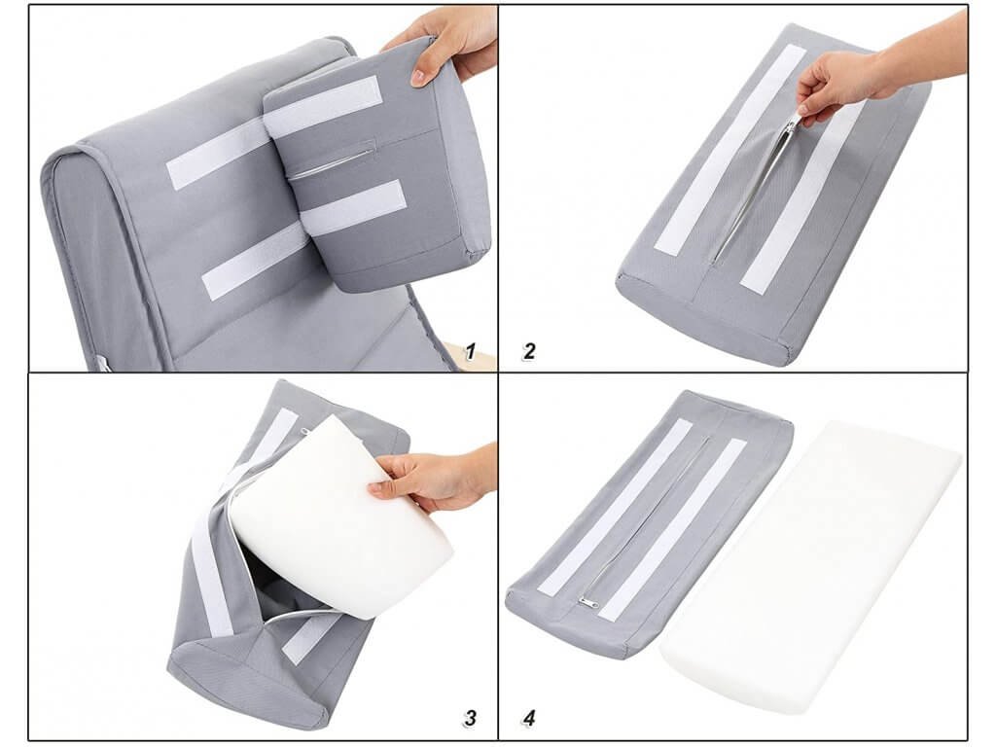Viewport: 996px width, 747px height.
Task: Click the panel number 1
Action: pos(471,351)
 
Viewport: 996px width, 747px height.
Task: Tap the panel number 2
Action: pos(528,351)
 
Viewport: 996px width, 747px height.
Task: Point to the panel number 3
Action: pos(470,718)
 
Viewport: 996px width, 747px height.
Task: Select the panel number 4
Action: pos(528,718)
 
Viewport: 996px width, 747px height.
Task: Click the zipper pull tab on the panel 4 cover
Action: pos(587,603)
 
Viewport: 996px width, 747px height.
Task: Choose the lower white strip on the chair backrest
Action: pos(254,261)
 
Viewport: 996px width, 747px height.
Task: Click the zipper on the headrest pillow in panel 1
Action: pos(331,162)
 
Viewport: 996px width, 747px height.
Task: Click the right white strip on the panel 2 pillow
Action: pos(801,196)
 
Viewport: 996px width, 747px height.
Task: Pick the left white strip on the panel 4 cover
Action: pos(615,507)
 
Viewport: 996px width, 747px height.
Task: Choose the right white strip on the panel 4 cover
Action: pos(673,529)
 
